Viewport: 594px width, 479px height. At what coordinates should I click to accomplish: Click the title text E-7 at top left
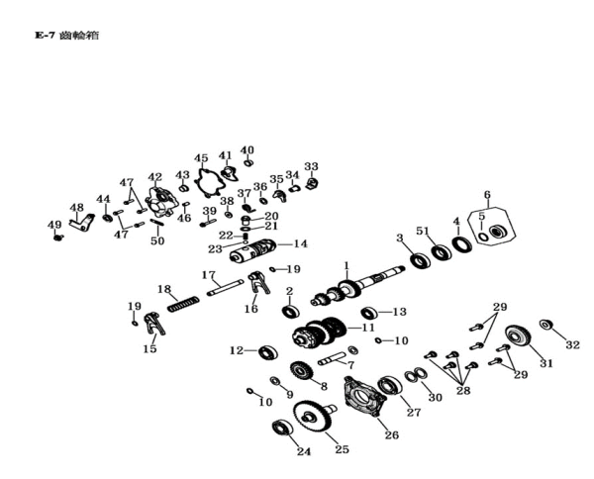click(x=46, y=36)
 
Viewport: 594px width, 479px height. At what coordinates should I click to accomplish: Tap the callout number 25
click(x=343, y=449)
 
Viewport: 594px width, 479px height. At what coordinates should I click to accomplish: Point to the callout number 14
click(x=301, y=243)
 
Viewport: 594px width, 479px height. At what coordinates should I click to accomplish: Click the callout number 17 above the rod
click(x=209, y=275)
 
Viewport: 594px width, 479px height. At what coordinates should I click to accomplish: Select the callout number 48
click(x=77, y=208)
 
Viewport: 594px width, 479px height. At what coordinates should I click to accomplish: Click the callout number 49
click(x=54, y=225)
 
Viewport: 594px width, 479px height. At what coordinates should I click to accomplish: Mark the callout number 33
click(x=311, y=166)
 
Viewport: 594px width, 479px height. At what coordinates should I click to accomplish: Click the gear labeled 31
click(x=517, y=337)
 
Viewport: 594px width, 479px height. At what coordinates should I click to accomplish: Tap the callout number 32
click(x=572, y=345)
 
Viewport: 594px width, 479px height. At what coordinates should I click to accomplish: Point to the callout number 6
click(x=487, y=194)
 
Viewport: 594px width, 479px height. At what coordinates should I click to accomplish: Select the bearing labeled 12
click(x=267, y=351)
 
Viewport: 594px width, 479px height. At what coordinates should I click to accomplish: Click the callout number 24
click(x=304, y=452)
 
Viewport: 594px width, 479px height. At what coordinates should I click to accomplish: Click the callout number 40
click(x=247, y=150)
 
